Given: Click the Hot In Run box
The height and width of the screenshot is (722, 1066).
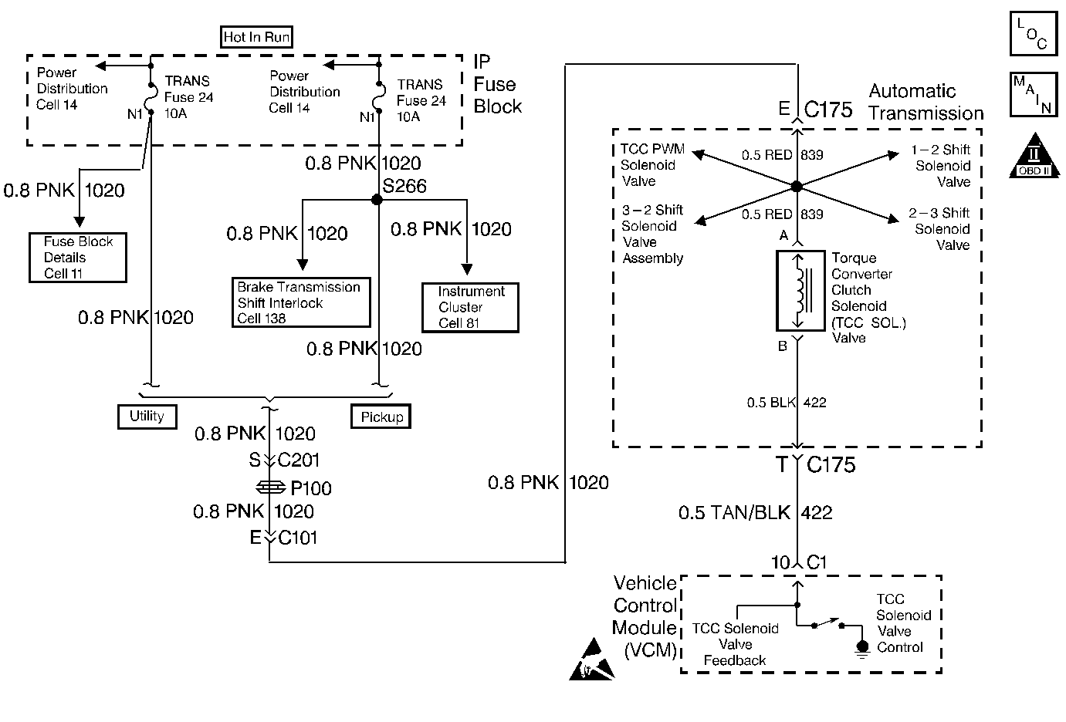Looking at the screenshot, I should [256, 37].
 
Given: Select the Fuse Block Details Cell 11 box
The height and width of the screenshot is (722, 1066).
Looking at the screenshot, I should [78, 258].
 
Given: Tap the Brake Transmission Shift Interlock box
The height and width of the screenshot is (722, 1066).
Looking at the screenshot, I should [301, 302].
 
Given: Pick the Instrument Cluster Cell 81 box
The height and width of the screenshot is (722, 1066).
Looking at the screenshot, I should [470, 307].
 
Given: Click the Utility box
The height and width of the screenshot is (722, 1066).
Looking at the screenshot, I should [147, 417].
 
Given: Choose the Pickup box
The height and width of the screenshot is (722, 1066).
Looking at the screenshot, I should [381, 417].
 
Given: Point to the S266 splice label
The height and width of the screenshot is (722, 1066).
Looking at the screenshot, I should [404, 186].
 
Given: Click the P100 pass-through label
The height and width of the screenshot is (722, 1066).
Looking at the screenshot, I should [310, 488].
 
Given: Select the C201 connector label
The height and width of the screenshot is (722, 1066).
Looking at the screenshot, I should [298, 461].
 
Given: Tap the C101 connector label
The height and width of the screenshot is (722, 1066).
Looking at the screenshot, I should [298, 538].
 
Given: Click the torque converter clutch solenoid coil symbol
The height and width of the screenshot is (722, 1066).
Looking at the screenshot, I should [800, 290].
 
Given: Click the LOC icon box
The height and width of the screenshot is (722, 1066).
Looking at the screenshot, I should [1032, 34].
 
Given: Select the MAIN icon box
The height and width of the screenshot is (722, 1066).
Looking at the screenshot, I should [1032, 96].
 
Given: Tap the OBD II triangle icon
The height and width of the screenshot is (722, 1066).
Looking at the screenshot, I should [1034, 156].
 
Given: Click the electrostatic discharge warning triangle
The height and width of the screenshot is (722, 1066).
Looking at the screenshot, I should [591, 662].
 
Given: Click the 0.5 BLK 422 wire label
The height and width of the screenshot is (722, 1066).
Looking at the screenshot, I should [786, 402].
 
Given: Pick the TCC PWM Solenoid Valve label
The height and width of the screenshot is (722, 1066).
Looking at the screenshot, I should [651, 165].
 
